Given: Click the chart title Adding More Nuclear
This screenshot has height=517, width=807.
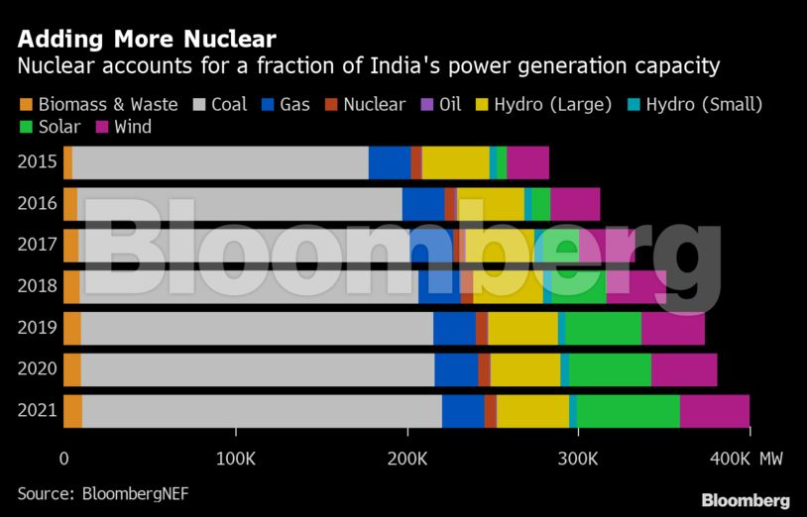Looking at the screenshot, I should pos(147,40).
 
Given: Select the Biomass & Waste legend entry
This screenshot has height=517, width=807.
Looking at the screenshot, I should pos(99,104).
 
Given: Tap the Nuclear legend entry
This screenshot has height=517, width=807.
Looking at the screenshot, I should pos(365,104).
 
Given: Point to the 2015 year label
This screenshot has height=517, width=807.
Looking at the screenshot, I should pos(36,162).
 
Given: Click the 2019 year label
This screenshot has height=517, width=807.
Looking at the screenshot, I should pos(36,328).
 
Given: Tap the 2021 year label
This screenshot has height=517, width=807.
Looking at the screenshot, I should pos(36,411).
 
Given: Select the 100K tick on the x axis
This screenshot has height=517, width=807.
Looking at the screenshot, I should pos(236,459).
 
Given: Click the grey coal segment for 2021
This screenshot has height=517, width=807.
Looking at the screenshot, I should pos(262,411).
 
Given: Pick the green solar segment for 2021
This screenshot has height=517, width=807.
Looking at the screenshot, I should pos(628,411).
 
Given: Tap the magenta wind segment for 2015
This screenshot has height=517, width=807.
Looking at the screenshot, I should pos(527,162).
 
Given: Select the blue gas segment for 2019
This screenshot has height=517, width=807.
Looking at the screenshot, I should pos(454,328).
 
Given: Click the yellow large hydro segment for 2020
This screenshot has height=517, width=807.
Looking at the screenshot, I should pos(525,369).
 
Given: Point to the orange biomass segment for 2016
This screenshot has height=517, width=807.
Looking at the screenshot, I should pos(69,204).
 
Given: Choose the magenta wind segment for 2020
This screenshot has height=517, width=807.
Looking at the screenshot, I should pos(684,369).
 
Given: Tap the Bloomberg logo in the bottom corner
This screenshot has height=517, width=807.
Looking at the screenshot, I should pos(746,500).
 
